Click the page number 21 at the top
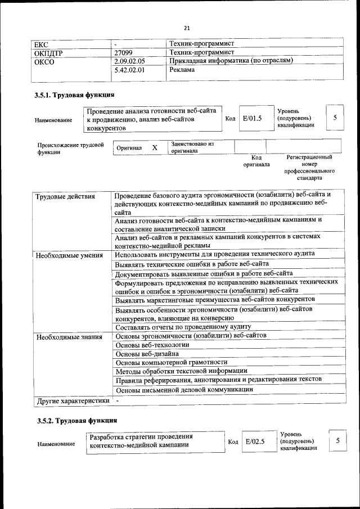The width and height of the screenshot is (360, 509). [x=187, y=28]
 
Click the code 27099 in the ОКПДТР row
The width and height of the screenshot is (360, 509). [x=123, y=52]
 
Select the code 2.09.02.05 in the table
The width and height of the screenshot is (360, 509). [x=129, y=61]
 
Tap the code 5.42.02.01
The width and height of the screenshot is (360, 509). [x=129, y=70]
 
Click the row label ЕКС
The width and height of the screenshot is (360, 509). [x=42, y=43]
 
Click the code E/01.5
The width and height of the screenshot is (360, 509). [x=253, y=119]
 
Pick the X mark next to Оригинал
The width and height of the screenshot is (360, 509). [x=155, y=147]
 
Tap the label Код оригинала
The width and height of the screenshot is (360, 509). [x=256, y=161]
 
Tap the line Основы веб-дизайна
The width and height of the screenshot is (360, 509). [x=147, y=354]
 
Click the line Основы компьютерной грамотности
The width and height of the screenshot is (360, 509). [x=171, y=362]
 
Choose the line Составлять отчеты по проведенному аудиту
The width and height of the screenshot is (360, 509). [x=183, y=327]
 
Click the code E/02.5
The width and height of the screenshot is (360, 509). [x=255, y=442]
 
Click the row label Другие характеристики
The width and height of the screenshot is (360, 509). [x=72, y=400]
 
